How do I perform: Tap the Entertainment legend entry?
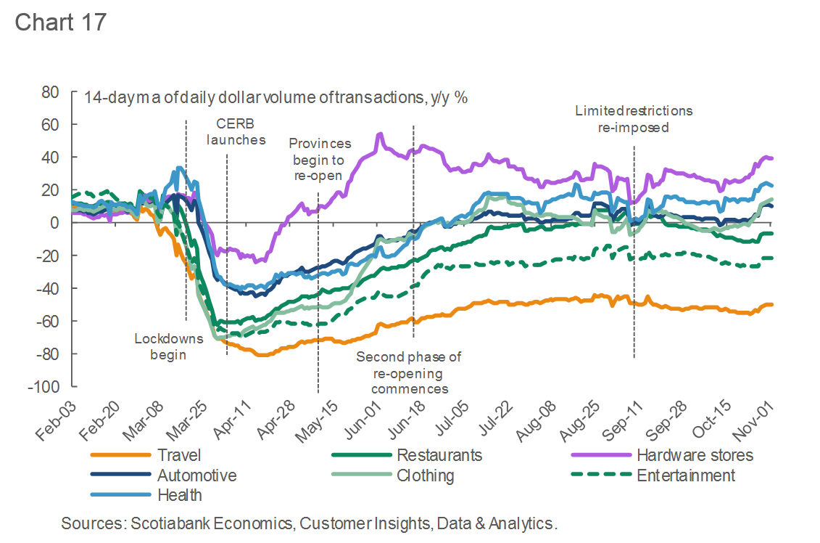(685, 476)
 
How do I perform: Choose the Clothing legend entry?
(425, 476)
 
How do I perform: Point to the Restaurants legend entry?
(439, 456)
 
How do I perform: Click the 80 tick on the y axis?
(49, 92)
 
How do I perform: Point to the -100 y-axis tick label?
(44, 387)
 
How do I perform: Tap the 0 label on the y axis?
(54, 223)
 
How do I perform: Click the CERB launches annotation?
(236, 131)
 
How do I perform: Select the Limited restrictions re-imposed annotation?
(634, 119)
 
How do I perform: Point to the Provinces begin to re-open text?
(319, 160)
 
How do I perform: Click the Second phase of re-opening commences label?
(409, 372)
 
